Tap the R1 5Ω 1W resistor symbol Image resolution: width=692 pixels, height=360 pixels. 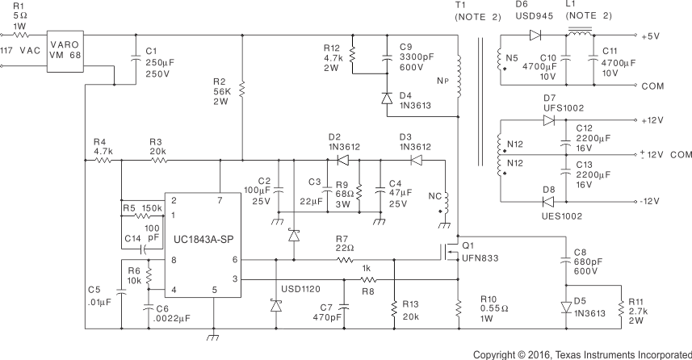click(x=19, y=35)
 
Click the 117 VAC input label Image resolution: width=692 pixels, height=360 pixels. click(x=19, y=51)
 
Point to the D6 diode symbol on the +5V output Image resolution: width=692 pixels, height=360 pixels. click(x=535, y=35)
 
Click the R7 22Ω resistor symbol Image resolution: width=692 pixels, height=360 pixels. click(x=345, y=260)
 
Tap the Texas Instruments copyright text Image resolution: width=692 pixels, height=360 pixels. click(x=581, y=354)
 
